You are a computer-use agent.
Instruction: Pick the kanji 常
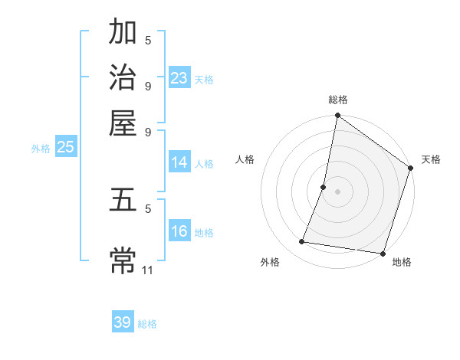point(123,260)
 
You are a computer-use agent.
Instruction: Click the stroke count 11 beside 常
point(148,270)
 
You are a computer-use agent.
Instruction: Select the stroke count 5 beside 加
point(148,41)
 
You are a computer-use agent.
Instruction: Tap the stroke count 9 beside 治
point(148,85)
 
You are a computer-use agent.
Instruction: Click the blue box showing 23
point(179,77)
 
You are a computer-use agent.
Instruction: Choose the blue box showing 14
point(179,162)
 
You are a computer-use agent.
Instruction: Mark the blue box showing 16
point(179,231)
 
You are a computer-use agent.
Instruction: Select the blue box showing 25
point(65,147)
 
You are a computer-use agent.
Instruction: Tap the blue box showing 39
point(123,322)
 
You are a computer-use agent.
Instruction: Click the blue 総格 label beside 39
point(147,324)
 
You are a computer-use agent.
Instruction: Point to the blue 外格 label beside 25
point(41,149)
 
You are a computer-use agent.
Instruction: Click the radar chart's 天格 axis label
point(431,159)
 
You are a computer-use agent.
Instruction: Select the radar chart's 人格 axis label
point(245,159)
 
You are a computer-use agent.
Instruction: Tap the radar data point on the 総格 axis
point(337,116)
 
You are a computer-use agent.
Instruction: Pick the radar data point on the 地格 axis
point(382,252)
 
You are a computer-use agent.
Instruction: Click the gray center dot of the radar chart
point(337,191)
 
